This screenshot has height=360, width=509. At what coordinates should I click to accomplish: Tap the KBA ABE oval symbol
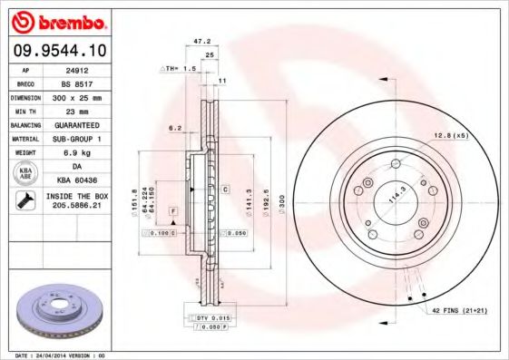tap(24, 174)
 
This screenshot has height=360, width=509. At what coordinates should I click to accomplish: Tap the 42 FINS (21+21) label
tap(458, 312)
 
